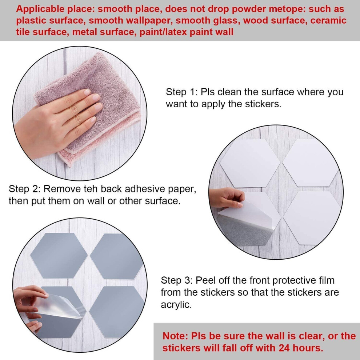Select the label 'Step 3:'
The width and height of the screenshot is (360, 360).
176,280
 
